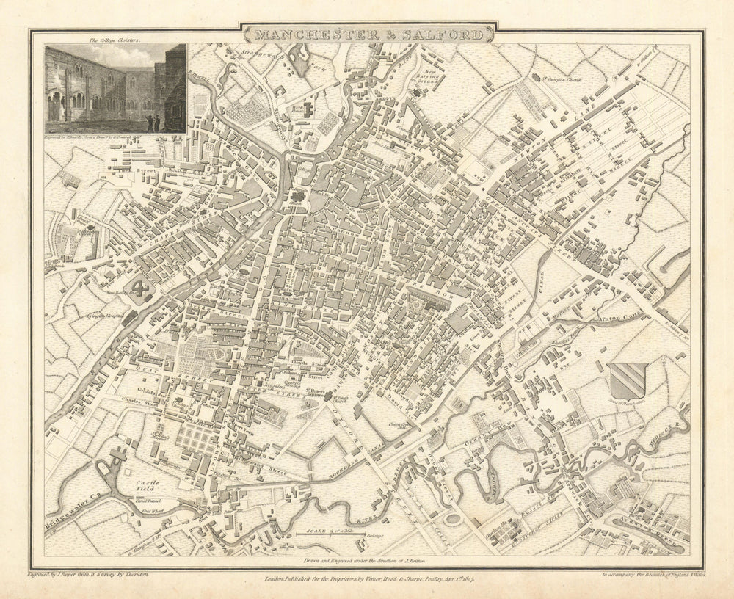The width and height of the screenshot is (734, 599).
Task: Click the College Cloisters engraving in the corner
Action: (x=115, y=88)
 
